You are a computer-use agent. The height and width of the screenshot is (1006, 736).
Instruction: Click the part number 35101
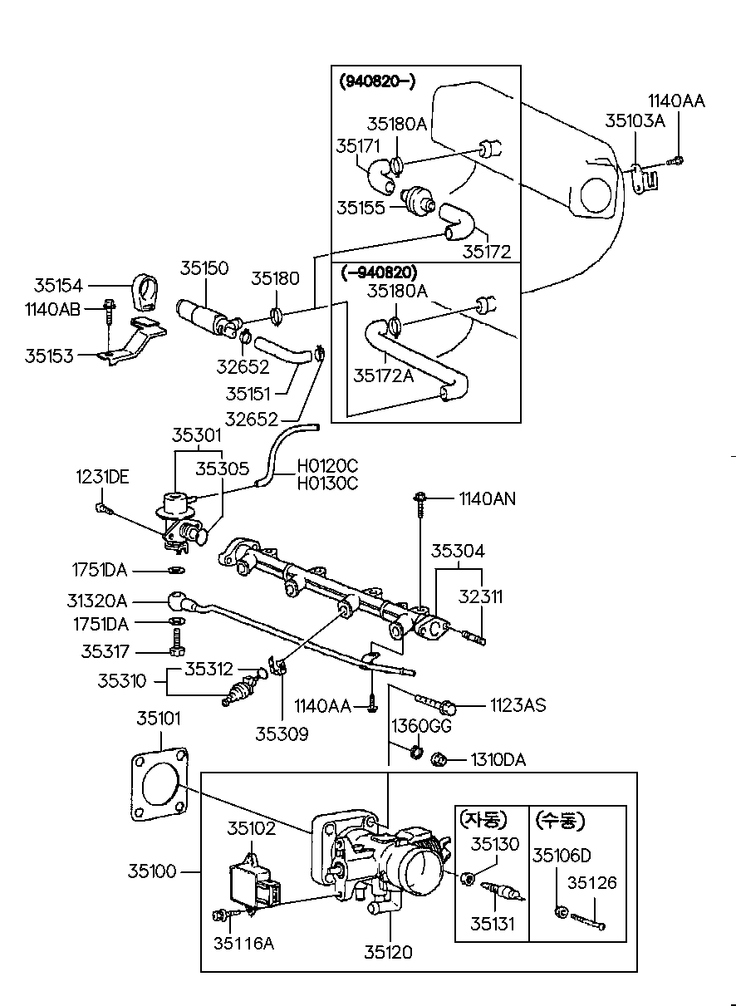tap(158, 719)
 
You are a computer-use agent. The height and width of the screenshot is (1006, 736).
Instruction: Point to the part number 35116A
tap(243, 943)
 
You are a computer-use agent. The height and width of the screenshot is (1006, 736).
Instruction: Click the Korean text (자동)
tap(481, 821)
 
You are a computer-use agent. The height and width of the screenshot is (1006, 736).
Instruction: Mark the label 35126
tap(592, 883)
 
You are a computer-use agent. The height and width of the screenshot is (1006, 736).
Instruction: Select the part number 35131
tap(493, 923)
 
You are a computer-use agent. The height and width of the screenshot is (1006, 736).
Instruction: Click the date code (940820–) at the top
tap(377, 81)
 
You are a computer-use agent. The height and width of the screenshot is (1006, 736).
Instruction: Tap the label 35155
tap(361, 207)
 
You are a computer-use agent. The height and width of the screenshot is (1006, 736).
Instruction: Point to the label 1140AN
tap(487, 498)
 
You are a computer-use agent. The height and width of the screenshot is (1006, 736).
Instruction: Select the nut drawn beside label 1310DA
tap(440, 758)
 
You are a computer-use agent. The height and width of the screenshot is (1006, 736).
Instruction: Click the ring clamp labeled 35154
tap(148, 291)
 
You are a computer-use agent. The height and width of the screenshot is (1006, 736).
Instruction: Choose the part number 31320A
tap(97, 601)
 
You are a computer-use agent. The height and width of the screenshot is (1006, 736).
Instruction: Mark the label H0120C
tap(328, 466)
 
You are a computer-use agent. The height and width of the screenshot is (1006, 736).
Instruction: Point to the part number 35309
tap(282, 734)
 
